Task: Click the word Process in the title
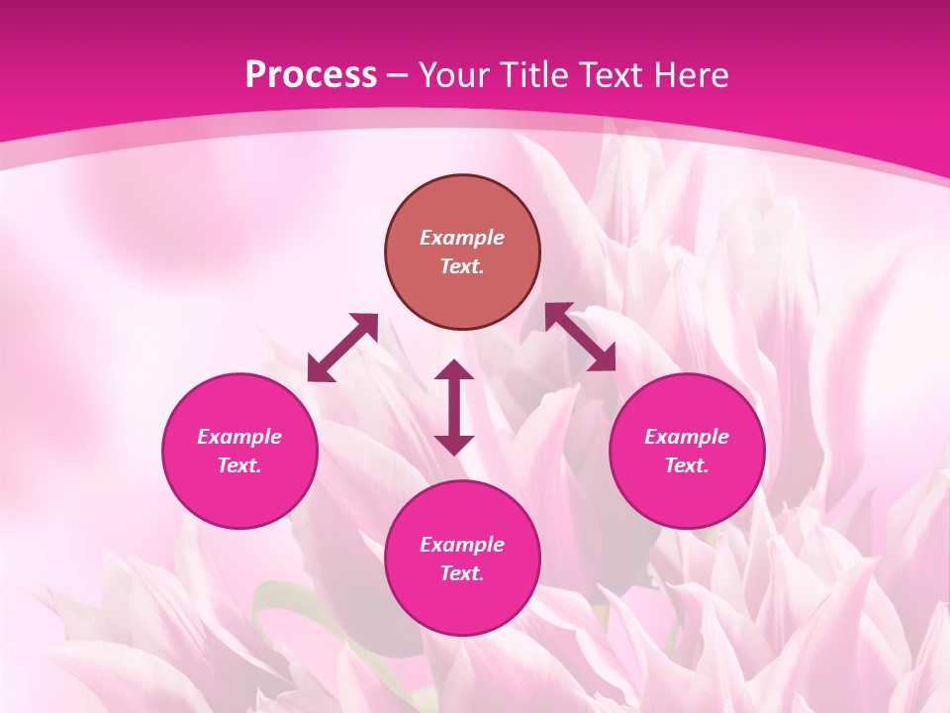coord(311,75)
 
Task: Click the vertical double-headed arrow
coord(454,407)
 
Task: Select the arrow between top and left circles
coord(342,348)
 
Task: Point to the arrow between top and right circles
coord(581,337)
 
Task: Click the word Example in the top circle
coord(462,238)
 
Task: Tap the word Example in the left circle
coord(239,437)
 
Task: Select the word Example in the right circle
coord(687,437)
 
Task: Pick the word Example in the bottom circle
coord(462,545)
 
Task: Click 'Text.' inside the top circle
coord(462,266)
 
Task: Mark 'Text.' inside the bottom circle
coord(462,573)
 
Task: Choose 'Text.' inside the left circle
coord(239,465)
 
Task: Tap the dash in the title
coord(398,76)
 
